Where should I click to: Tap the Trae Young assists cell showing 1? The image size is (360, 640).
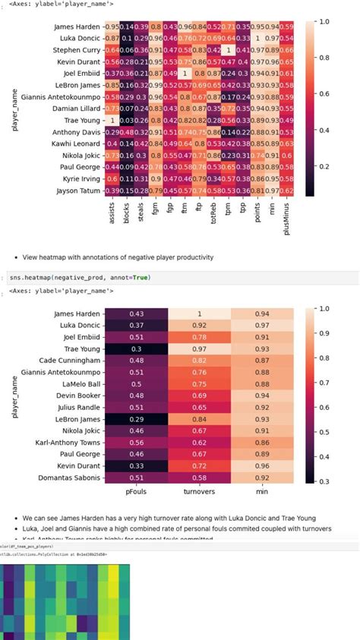[x=112, y=120]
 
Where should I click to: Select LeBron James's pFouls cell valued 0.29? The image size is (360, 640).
[x=136, y=418]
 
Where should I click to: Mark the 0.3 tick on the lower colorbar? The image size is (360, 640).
[x=324, y=480]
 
